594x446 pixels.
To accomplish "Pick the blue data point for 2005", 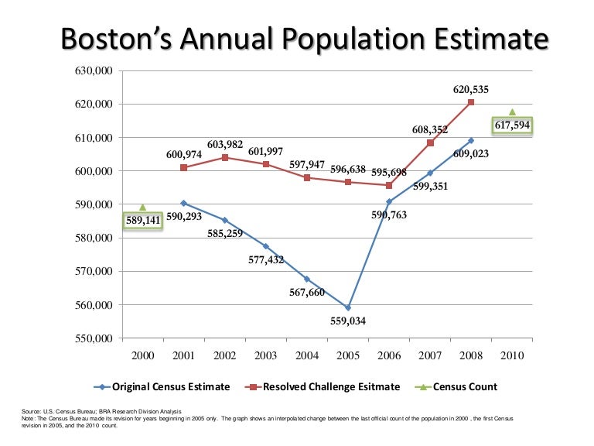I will [x=348, y=307].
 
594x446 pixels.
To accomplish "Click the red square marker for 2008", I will [x=471, y=102].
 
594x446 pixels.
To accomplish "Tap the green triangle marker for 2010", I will [x=512, y=112].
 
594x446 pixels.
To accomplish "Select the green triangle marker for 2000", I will [x=143, y=208].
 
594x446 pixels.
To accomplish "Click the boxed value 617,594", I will [x=512, y=125].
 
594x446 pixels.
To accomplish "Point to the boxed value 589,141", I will [x=143, y=221].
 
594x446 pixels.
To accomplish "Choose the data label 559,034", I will [x=348, y=321].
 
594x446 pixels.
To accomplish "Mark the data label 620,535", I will [x=471, y=89].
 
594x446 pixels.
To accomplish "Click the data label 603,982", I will [x=225, y=145].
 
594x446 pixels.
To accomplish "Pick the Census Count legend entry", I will [x=464, y=386].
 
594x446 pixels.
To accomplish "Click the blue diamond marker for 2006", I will [x=389, y=201].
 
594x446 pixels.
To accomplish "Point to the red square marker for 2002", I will [x=225, y=157].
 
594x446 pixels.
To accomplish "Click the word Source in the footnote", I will [x=34, y=411].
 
